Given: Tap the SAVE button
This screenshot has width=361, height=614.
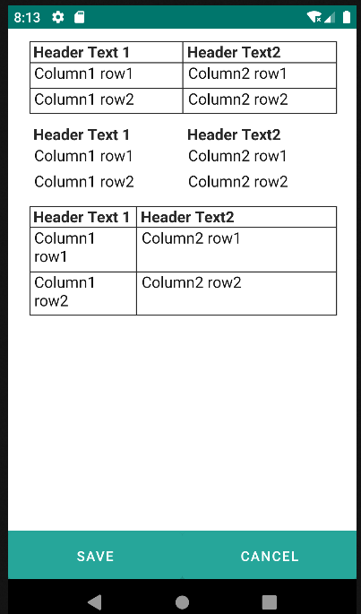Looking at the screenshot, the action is click(95, 556).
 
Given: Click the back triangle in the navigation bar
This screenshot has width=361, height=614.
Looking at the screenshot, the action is click(95, 601).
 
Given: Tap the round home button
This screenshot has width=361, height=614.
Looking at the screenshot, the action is click(182, 601).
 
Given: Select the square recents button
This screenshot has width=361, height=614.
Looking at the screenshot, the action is click(270, 601).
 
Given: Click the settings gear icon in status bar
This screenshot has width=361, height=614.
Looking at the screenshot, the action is click(58, 17).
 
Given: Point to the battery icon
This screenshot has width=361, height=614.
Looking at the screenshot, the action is click(347, 17).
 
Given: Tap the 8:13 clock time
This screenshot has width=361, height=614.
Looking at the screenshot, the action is click(27, 18).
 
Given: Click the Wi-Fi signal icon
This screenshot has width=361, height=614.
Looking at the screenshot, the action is click(314, 17).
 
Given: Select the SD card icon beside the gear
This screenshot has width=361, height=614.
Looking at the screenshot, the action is click(80, 17).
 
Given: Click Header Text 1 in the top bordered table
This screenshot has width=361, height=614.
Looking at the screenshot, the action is click(82, 53).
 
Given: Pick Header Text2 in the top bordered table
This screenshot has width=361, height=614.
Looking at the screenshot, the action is click(234, 53).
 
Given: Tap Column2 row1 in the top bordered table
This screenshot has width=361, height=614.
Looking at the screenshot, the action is click(237, 74).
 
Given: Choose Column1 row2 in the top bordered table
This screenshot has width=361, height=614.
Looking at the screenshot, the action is click(84, 99).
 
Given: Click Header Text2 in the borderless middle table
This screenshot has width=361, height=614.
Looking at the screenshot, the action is click(234, 134).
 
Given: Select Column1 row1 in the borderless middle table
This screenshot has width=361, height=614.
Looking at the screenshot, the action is click(83, 156).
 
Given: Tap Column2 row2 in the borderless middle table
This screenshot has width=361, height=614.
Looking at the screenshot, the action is click(238, 182).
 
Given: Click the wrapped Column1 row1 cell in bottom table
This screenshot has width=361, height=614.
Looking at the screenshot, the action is click(64, 248).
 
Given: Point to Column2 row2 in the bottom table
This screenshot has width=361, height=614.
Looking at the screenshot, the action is click(192, 282).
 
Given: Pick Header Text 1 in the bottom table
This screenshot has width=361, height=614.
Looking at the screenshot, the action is click(82, 217).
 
